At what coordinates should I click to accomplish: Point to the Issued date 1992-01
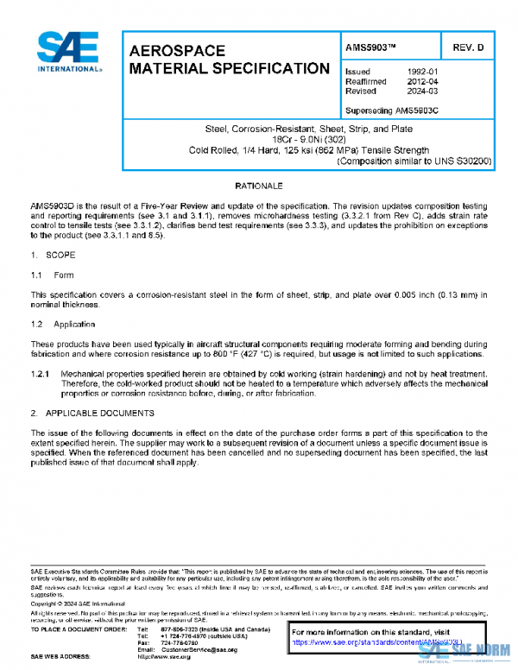(422, 72)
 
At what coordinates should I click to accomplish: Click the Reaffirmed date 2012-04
(422, 81)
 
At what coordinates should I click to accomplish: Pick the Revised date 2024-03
(422, 91)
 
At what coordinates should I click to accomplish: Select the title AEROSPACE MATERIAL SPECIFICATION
(229, 60)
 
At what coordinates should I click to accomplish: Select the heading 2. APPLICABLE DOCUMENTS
(92, 413)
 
